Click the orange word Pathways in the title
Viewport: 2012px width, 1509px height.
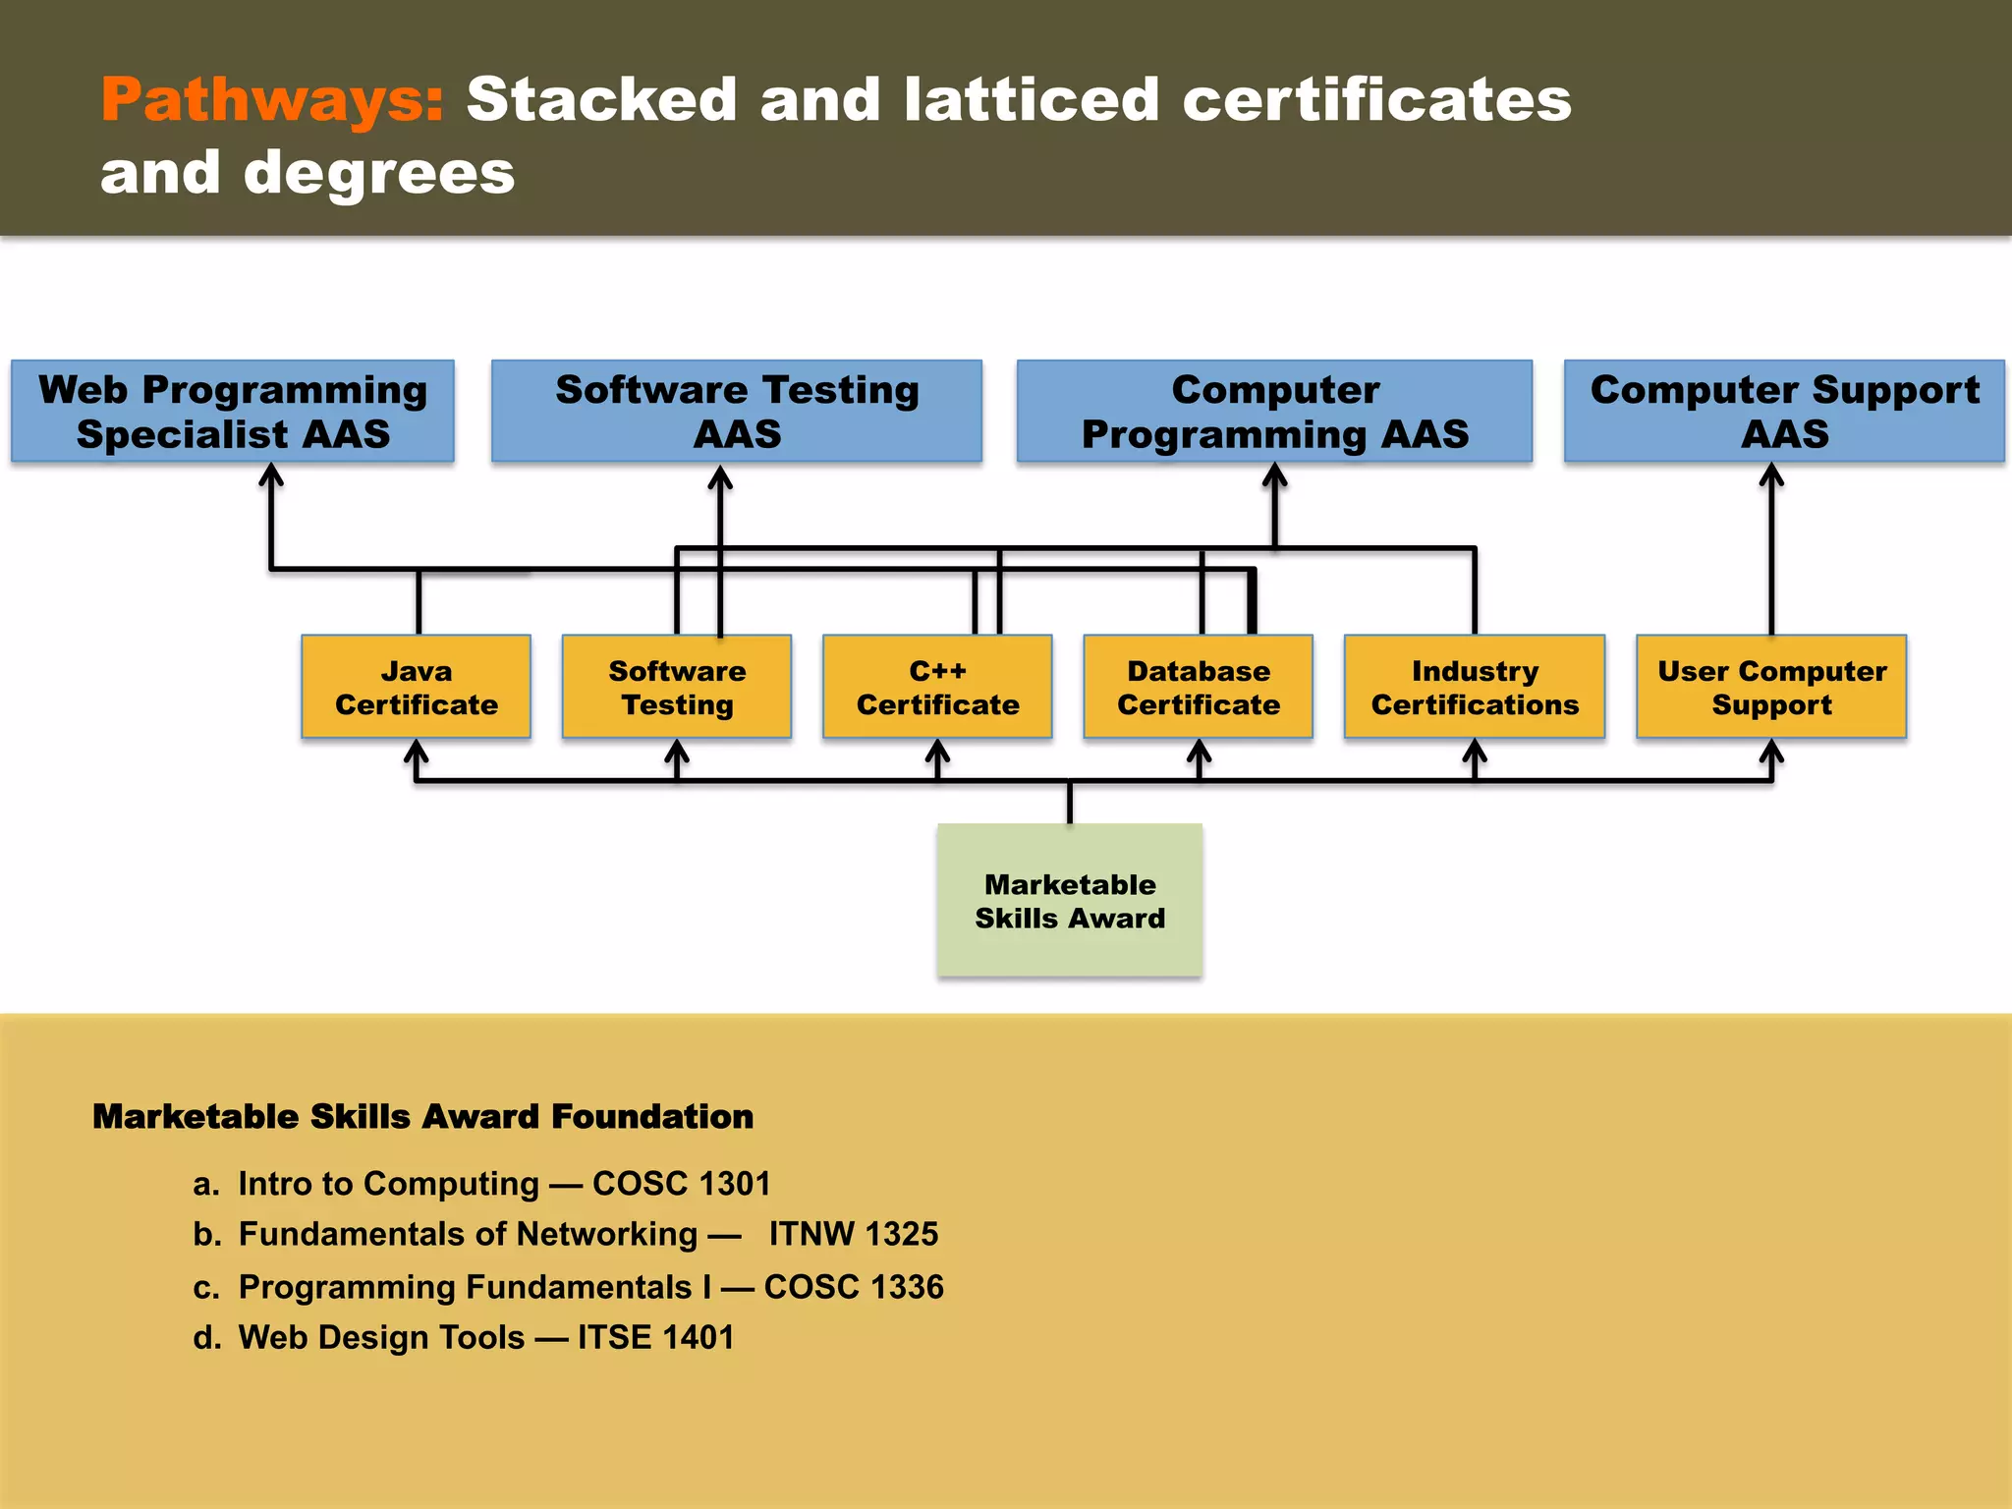click(272, 100)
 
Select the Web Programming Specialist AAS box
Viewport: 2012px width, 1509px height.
click(233, 412)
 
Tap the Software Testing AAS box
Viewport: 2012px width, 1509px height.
click(737, 412)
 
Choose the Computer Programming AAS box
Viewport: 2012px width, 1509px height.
click(1274, 412)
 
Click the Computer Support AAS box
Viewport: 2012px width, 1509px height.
click(1784, 412)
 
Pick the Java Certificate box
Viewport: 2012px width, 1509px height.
click(417, 687)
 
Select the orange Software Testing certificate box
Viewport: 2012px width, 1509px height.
click(677, 687)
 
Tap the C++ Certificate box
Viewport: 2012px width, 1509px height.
click(937, 687)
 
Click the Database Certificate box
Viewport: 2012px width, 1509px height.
click(1199, 687)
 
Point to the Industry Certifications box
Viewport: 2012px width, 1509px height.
click(1475, 687)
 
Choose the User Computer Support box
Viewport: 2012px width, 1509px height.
click(1771, 687)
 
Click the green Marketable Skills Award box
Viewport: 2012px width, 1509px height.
click(1070, 900)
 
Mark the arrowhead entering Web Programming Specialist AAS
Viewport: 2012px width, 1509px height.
click(271, 475)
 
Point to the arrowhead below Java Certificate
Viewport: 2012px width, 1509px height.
click(417, 752)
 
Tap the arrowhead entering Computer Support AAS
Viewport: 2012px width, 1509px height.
click(1771, 475)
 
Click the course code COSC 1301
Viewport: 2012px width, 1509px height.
click(681, 1184)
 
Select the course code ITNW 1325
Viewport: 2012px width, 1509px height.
click(853, 1234)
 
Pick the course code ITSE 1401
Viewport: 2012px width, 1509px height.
click(655, 1337)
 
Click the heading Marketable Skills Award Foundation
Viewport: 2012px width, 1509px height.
click(422, 1117)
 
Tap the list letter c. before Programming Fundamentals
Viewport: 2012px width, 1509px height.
click(206, 1287)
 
